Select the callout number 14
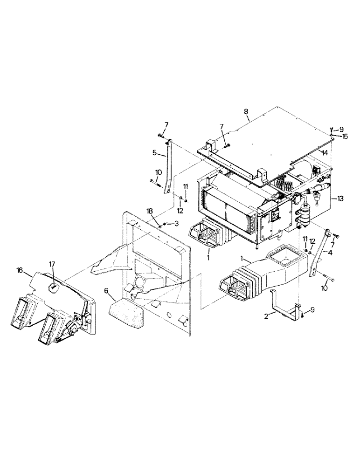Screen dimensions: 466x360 324,152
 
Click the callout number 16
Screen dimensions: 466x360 20,270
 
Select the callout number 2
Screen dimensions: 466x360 266,315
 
